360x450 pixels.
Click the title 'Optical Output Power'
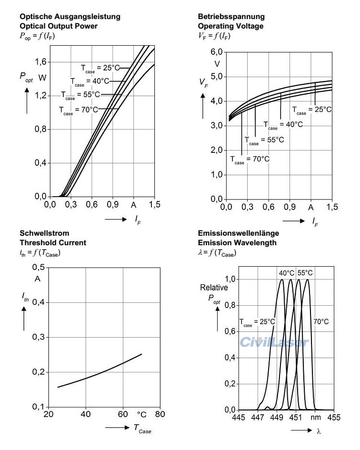point(58,26)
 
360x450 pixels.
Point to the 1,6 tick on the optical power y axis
point(41,62)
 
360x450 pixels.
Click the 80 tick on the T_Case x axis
point(160,414)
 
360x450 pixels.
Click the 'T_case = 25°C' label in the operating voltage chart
point(312,110)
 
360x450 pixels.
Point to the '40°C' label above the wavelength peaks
point(287,273)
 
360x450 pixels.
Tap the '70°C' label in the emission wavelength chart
point(320,321)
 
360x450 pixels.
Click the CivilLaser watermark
point(274,342)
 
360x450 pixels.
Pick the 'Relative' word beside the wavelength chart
point(210,288)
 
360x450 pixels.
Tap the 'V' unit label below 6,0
point(217,64)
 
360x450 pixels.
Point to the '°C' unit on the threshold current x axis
point(141,415)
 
